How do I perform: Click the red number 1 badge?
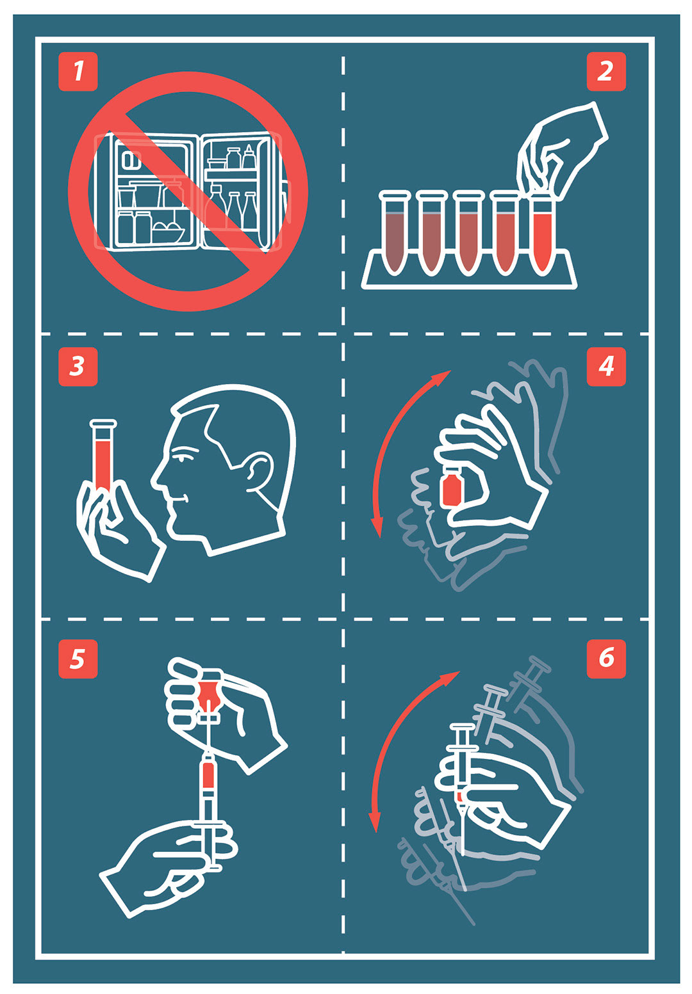click(78, 72)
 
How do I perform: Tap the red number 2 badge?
click(606, 72)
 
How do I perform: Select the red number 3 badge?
click(78, 367)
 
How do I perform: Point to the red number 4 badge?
click(606, 367)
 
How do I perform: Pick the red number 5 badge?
click(78, 659)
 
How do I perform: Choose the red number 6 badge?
click(606, 659)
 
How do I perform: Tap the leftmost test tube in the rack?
click(395, 233)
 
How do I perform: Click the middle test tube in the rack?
click(468, 233)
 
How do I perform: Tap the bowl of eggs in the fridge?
click(168, 232)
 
